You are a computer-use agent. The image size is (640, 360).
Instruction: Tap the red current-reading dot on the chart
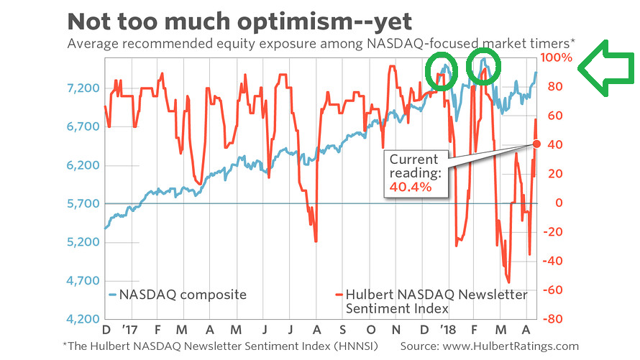point(536,144)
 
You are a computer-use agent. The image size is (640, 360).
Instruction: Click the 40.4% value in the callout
point(411,187)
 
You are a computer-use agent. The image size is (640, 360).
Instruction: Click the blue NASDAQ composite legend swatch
point(112,295)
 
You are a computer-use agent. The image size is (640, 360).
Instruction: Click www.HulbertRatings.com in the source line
point(513,346)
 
